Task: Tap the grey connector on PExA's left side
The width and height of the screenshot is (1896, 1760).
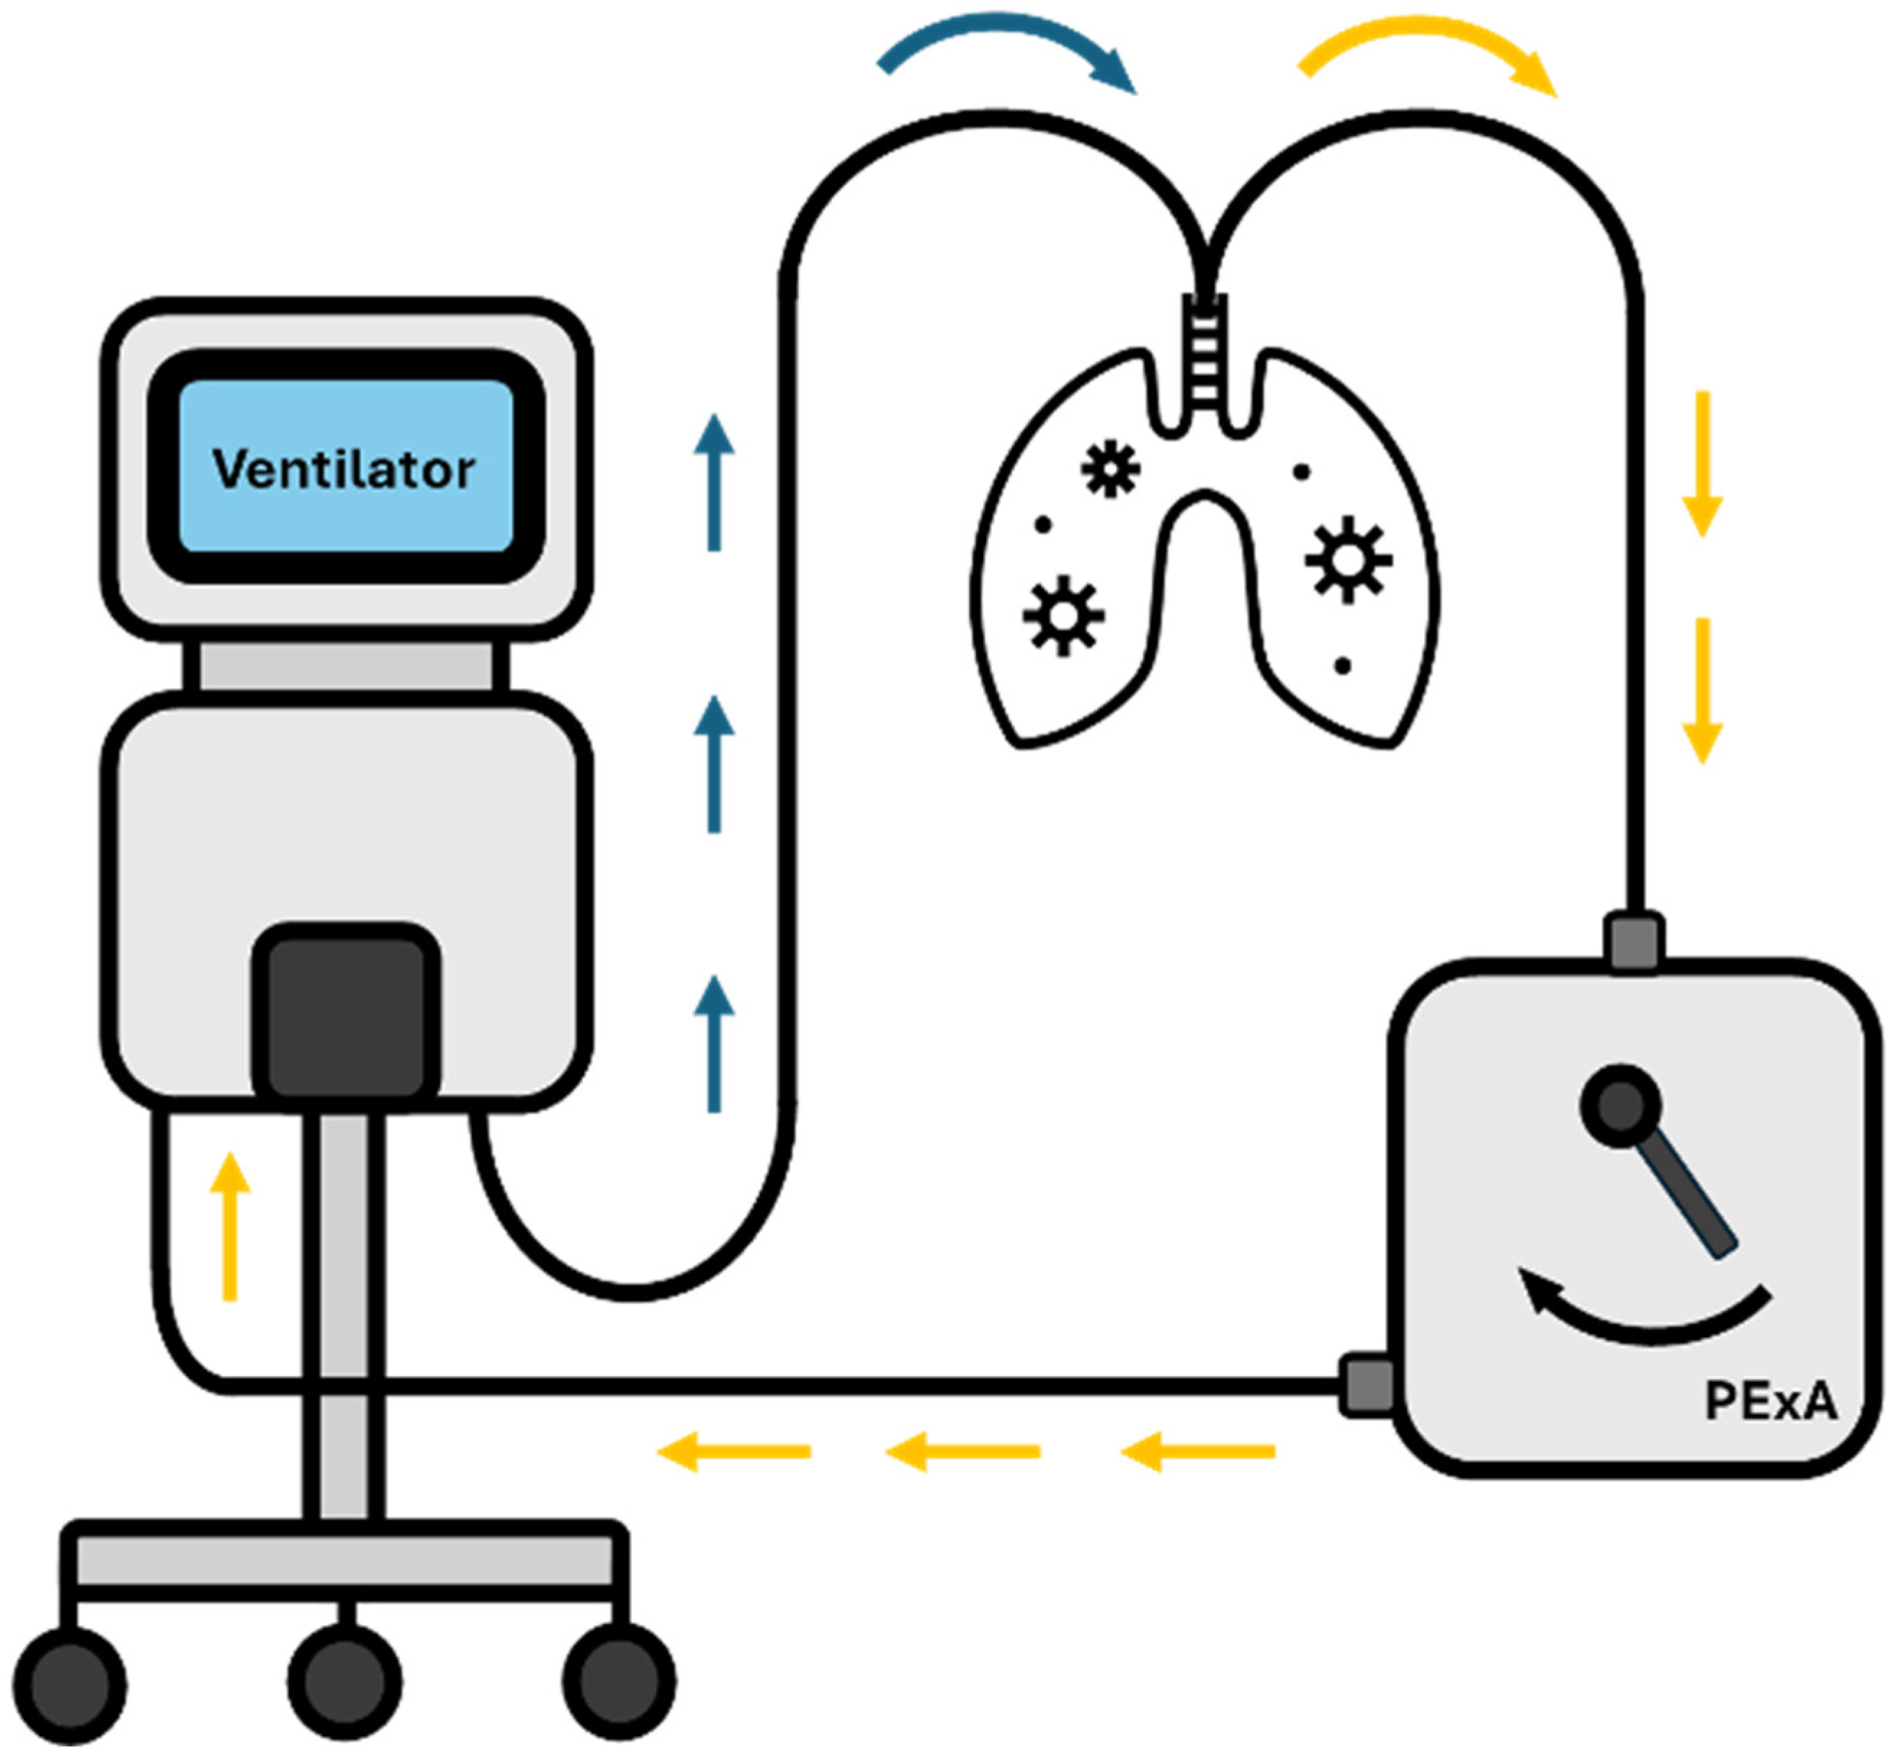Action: pos(1367,1385)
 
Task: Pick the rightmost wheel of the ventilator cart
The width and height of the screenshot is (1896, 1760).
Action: pos(619,1683)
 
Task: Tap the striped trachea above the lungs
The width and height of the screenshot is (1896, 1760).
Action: pos(1204,352)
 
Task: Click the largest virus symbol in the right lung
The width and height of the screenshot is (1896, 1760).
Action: pos(1349,560)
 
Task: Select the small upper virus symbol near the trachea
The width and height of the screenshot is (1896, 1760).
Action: pos(1110,468)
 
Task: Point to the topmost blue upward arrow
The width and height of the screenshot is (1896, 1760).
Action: pos(714,481)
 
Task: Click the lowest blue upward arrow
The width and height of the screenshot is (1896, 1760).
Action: pos(714,1043)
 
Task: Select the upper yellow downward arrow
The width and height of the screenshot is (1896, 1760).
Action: pos(1703,463)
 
